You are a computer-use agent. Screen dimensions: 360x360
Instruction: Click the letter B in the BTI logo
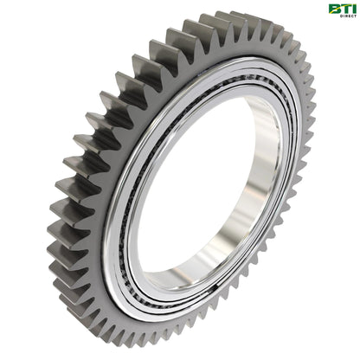coord(333,10)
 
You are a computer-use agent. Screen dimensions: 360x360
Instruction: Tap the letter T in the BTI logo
coord(343,10)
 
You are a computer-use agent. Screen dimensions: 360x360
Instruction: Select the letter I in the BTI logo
coord(350,10)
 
